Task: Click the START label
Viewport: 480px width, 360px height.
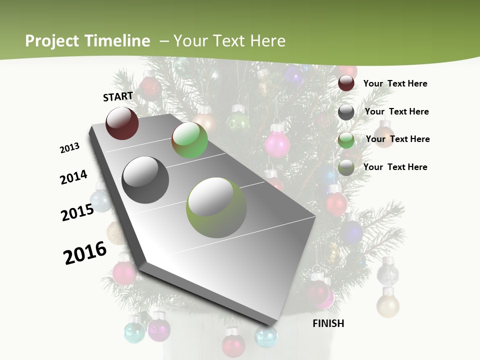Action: coord(118,96)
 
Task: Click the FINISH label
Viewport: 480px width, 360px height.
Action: coord(328,323)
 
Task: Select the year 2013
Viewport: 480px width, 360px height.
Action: coord(70,148)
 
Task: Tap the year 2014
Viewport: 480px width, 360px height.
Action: coord(73,177)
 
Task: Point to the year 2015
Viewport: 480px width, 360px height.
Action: coord(77,212)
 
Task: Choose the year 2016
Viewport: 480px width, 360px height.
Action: coord(85,252)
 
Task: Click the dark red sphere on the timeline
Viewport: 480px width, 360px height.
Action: coord(122,123)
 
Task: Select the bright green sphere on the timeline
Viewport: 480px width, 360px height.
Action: coord(189,140)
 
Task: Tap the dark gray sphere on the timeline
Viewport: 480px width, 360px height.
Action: coord(145,180)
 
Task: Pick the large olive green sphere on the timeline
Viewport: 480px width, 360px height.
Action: coord(216,207)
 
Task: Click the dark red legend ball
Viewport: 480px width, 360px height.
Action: coord(346,83)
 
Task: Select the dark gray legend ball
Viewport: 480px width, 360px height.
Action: coord(346,111)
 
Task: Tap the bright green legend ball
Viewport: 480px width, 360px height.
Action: coord(346,139)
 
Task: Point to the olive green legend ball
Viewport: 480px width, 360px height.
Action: coord(346,167)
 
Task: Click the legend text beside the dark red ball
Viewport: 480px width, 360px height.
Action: coord(395,84)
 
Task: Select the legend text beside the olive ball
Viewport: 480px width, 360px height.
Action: coord(395,167)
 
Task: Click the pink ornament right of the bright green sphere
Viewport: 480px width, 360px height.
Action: coord(277,143)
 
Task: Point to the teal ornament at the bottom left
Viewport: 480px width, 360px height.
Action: coord(134,332)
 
